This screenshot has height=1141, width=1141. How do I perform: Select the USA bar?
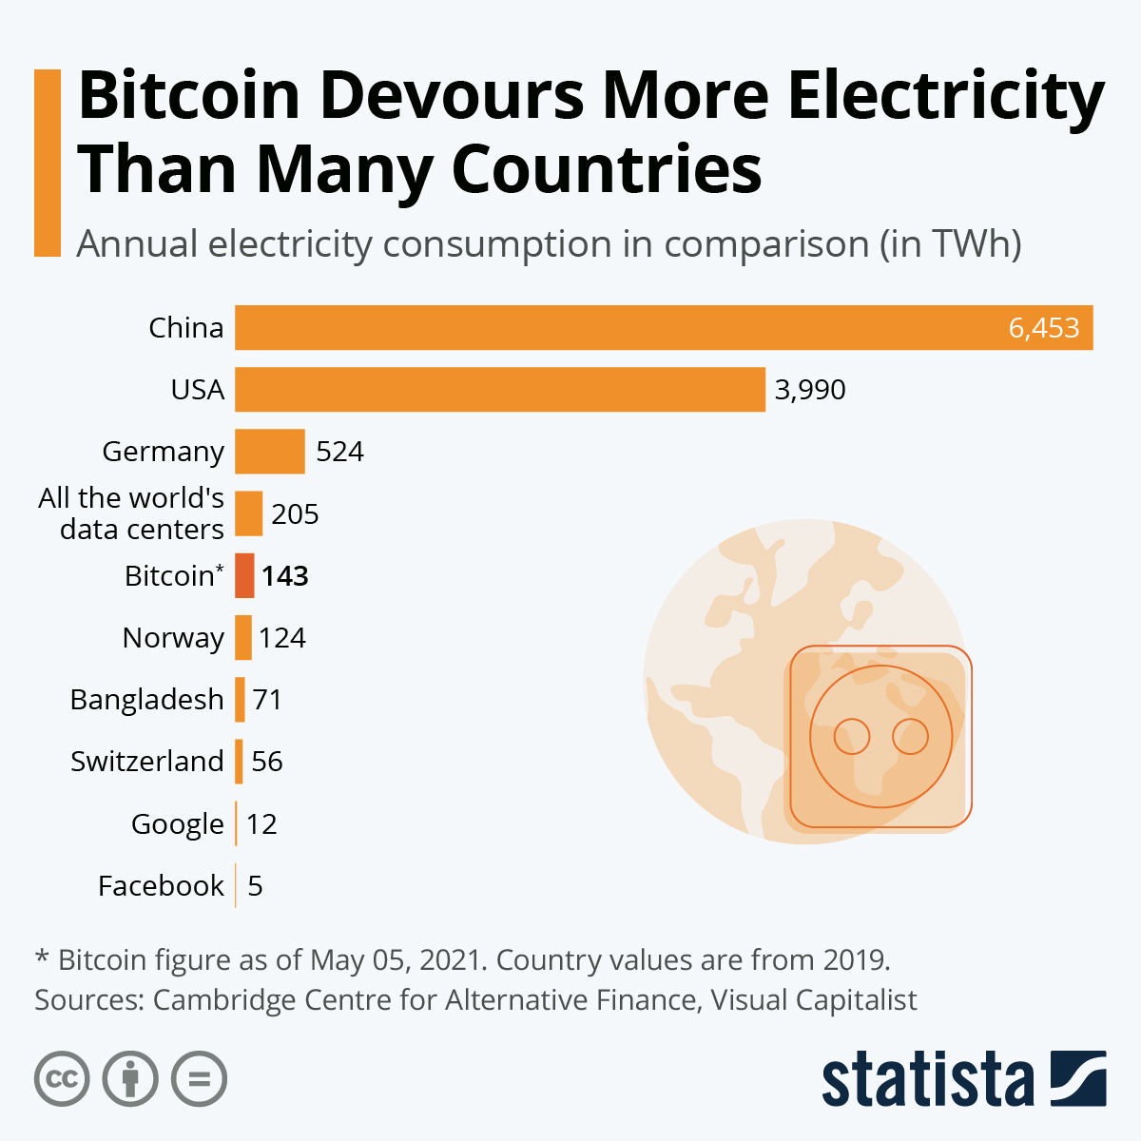pos(500,389)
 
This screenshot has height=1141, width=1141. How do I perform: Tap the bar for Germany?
pos(270,451)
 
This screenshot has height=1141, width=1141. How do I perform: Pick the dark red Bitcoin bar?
pos(244,575)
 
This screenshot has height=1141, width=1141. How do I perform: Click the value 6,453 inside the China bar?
pos(1044,328)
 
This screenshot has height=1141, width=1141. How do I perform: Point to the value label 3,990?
pos(810,390)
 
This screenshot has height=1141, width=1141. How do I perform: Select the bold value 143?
pos(285,576)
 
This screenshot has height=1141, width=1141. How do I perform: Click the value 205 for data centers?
pos(295,514)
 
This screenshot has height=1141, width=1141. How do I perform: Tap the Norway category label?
pos(173,638)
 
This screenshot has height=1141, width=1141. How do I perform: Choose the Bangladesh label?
pos(147,700)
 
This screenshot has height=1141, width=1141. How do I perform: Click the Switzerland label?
pos(147,762)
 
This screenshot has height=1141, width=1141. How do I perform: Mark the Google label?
pos(178,824)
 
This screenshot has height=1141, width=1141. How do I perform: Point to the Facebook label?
pos(161,886)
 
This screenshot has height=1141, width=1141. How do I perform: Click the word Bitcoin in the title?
pos(189,96)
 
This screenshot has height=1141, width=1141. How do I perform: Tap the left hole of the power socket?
pos(852,736)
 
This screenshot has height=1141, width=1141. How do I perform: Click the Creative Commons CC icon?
pos(62,1079)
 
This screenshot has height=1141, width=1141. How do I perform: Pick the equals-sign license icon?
pos(199,1079)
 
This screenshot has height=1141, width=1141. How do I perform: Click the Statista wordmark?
pos(927,1079)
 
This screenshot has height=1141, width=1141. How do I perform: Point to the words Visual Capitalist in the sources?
pos(814,1000)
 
